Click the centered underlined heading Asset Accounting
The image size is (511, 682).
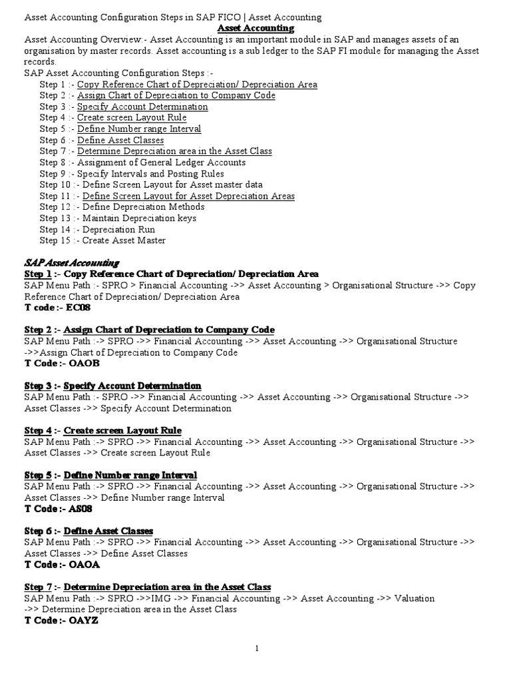coord(256,28)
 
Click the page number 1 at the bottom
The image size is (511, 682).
coord(256,648)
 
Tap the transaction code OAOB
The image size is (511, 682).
coord(79,364)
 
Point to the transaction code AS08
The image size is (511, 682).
coord(77,509)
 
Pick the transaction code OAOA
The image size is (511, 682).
coord(79,565)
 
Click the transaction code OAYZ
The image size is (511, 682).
coord(78,621)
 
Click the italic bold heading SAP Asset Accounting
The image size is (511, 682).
coord(72,263)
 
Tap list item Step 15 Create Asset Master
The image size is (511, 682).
coord(102,240)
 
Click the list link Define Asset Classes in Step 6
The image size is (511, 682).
coord(120,140)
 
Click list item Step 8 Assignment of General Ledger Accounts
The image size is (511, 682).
coord(142,163)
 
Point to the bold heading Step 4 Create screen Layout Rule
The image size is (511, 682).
coord(103,430)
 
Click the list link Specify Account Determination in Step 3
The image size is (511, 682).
coord(142,107)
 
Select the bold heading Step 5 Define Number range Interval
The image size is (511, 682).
coord(110,475)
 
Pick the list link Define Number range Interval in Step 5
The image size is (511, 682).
coord(139,129)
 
